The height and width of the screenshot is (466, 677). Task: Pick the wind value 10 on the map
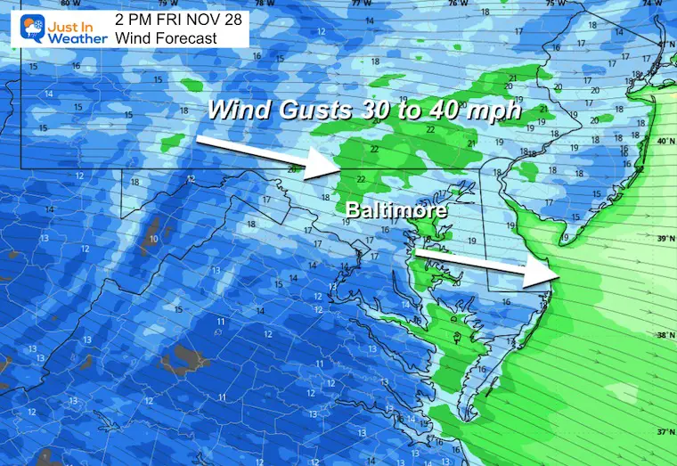pos(155,239)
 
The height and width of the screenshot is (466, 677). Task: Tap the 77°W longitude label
pos(359,4)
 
